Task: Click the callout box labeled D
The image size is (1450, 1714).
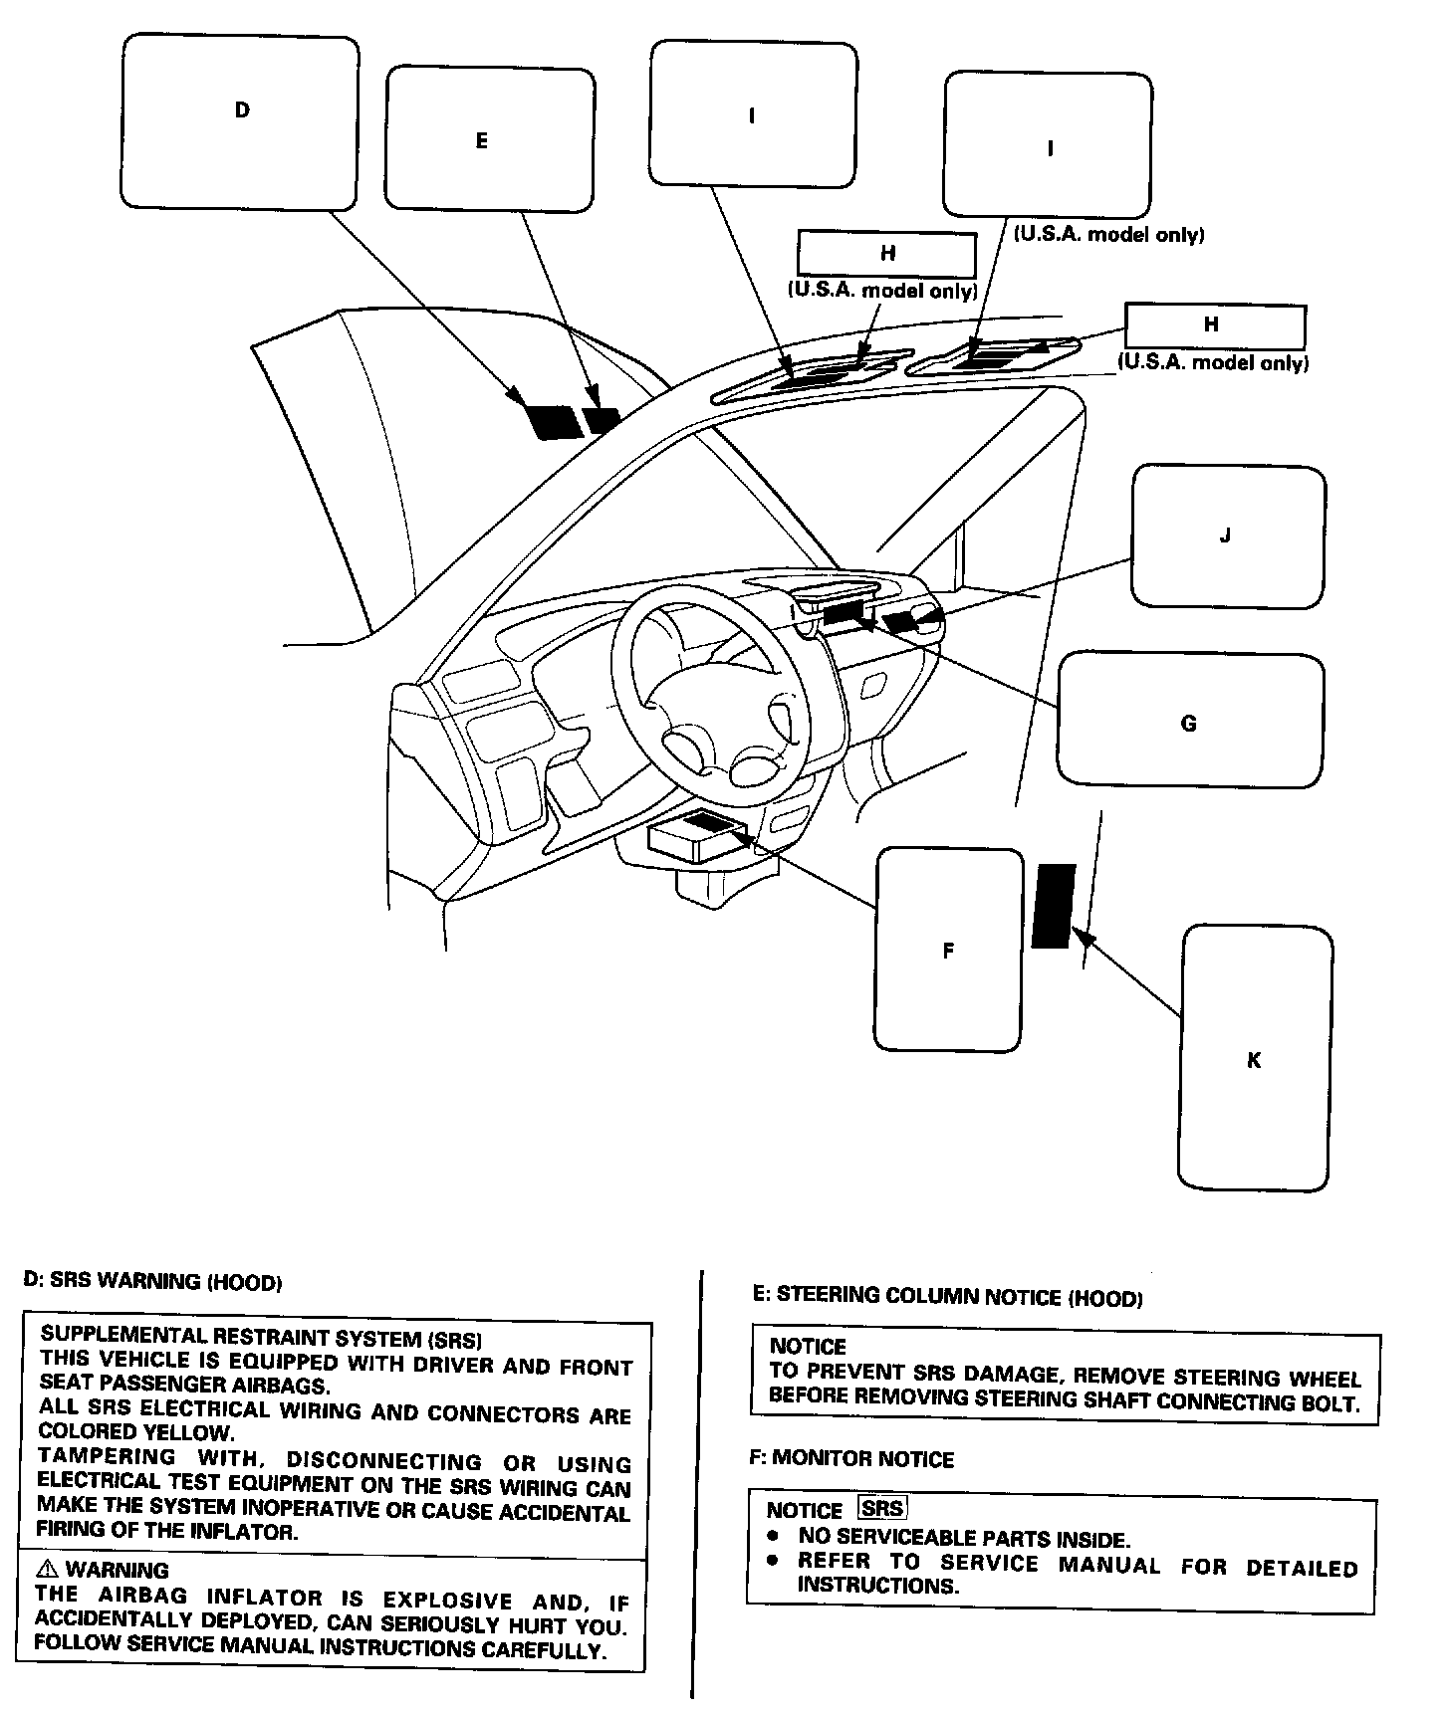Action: pos(240,123)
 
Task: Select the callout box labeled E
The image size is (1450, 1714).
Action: pos(489,139)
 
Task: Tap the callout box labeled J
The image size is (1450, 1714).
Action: pos(1228,536)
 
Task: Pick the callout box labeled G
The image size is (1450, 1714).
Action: pos(1190,721)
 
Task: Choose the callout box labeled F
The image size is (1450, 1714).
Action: pos(949,950)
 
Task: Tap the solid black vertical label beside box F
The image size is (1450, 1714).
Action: pos(1053,906)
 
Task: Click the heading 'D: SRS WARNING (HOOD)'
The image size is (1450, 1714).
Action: pos(152,1281)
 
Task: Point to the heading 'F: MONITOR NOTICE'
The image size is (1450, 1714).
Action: pos(851,1459)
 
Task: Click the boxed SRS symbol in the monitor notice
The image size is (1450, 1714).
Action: pos(882,1508)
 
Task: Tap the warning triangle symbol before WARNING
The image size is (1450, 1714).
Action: pos(47,1569)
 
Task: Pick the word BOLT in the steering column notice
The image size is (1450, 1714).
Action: pos(1329,1403)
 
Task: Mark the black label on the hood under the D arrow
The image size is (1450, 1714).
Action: pos(554,422)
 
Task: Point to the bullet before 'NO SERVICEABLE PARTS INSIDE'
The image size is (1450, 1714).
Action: pos(774,1538)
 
